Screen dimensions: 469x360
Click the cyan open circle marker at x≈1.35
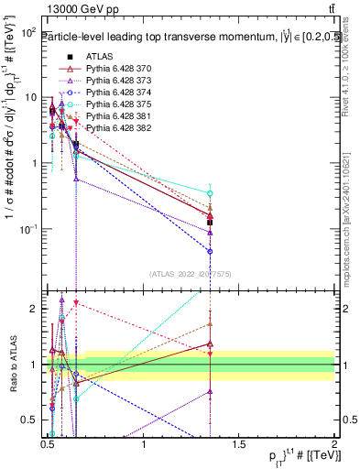pyautogui.click(x=211, y=193)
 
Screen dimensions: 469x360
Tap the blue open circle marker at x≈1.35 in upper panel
pyautogui.click(x=211, y=251)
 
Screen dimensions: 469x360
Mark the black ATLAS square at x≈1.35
pyautogui.click(x=211, y=223)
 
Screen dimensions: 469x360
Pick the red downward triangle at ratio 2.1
pyautogui.click(x=76, y=302)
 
